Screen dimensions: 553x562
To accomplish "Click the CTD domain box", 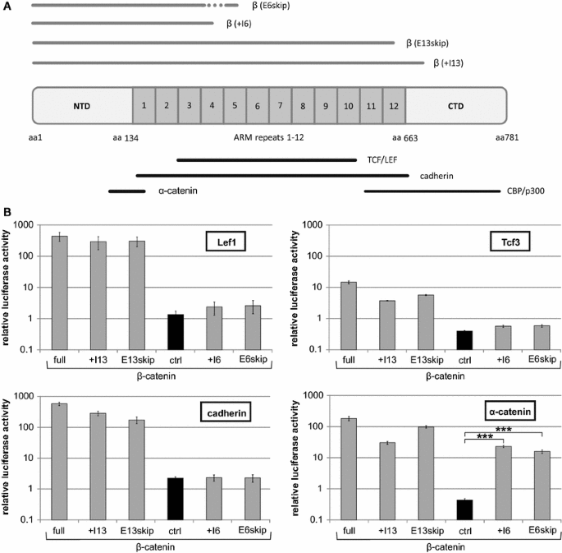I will [x=455, y=106].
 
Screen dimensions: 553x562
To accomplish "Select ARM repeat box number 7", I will [x=280, y=106].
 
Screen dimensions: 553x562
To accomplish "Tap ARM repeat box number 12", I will [x=394, y=106].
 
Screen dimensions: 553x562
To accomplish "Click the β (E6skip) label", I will [x=270, y=6].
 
